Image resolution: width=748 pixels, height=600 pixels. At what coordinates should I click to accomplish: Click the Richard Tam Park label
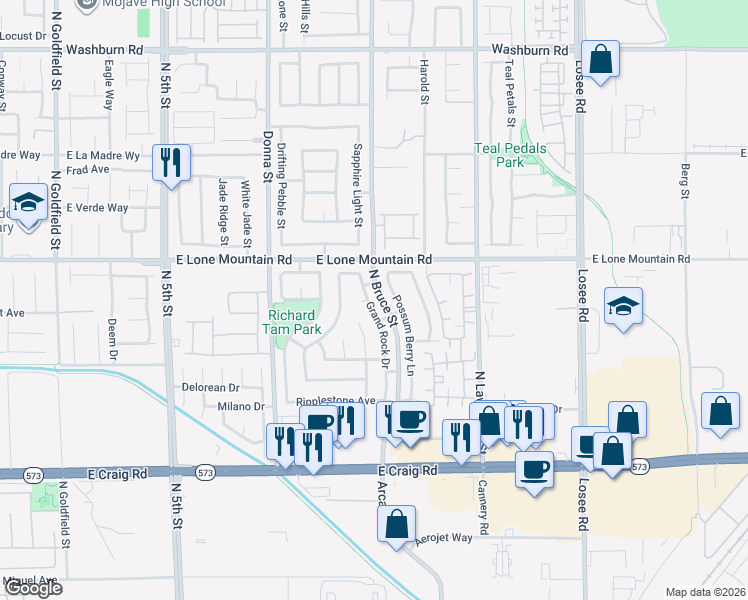coord(292,320)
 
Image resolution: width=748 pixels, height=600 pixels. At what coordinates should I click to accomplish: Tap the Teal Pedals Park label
coord(498,154)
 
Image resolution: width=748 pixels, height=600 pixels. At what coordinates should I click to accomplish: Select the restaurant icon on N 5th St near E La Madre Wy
coord(171,162)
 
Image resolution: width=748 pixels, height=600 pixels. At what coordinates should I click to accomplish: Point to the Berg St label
coord(686,181)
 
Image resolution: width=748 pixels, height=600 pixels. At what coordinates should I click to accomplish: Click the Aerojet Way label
coord(445,538)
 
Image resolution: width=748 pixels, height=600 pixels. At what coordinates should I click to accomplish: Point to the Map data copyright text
coord(705,592)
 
